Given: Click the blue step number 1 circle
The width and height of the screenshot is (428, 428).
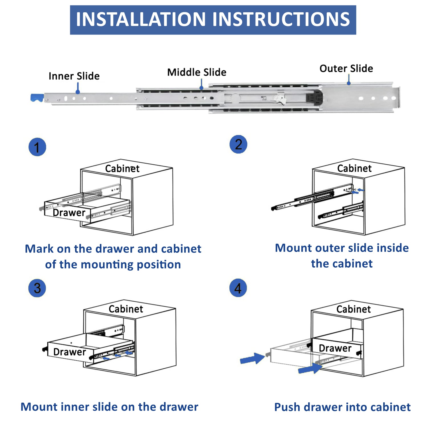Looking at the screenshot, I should click(x=37, y=147).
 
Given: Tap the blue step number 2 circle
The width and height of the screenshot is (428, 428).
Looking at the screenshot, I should click(x=238, y=144).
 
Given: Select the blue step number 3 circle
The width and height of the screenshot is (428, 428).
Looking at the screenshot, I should click(x=37, y=288).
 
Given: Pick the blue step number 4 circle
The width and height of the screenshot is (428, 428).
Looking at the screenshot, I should click(x=238, y=288).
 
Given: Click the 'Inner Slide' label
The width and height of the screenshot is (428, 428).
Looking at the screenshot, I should click(x=74, y=76).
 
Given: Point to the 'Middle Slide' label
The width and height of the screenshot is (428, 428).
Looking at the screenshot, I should click(x=197, y=72).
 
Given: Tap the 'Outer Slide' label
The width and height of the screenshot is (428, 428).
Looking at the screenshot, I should click(x=346, y=68).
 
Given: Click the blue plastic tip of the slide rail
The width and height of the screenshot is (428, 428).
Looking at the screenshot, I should click(x=37, y=98).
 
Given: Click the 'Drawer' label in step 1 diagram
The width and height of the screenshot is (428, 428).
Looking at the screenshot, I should click(x=69, y=213).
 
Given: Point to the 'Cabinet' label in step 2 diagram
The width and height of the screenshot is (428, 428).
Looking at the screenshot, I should click(x=354, y=168).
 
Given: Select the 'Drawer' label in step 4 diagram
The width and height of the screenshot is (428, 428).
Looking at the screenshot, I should click(x=335, y=348).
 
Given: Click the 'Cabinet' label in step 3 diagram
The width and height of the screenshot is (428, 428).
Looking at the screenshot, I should click(x=126, y=309).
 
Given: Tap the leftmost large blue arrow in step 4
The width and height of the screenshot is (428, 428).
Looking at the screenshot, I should click(x=252, y=359).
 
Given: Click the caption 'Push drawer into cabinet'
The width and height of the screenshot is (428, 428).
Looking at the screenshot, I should click(x=342, y=407).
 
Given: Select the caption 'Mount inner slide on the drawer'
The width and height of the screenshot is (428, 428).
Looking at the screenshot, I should click(x=109, y=407).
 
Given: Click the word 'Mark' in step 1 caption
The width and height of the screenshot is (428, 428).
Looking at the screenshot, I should click(x=39, y=249).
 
